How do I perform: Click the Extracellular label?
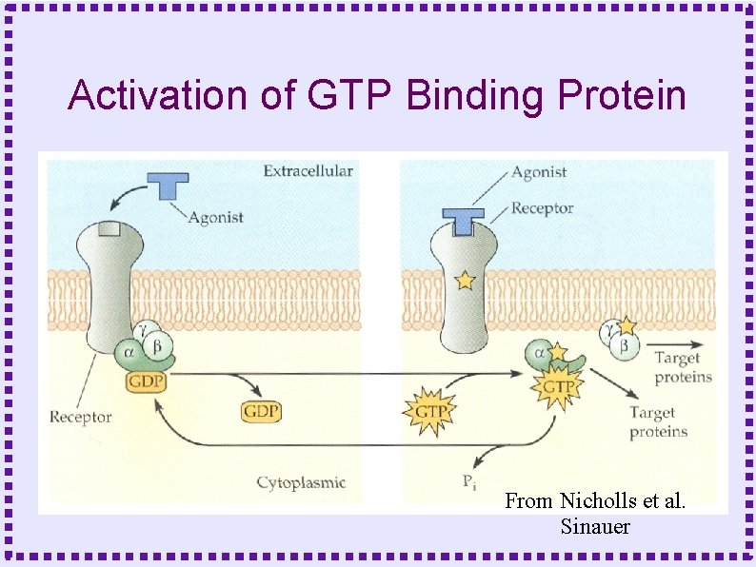coord(308,171)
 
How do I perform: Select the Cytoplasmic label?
coord(301,482)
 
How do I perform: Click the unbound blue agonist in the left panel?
coord(167,185)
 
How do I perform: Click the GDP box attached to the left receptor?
coord(148,381)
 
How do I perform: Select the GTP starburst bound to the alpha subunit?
coord(557,387)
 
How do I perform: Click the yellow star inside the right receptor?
coord(464,281)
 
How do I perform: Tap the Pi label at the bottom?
coord(469,481)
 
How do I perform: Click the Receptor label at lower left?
coord(80,417)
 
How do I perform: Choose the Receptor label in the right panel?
coord(542,207)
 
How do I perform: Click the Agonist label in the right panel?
coord(539,172)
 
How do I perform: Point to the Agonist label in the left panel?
coord(215,217)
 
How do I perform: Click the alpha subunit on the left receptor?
coord(129,351)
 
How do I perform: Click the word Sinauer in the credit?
coord(595,526)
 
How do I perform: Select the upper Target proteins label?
coord(683,367)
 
